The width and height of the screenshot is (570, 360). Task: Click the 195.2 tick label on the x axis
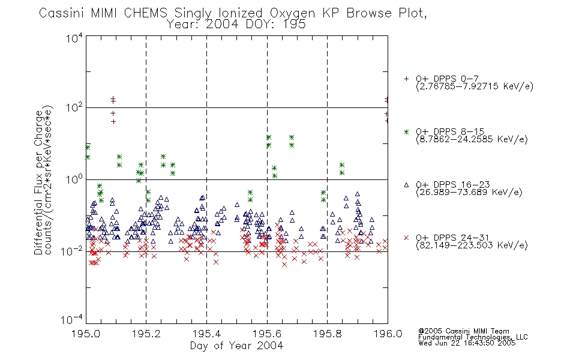tap(146, 334)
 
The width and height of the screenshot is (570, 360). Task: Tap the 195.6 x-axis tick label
tap(267, 334)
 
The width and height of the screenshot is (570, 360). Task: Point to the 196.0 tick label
tap(388, 334)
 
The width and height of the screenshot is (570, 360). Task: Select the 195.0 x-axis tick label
tap(86, 334)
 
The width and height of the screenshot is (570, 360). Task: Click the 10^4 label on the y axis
tap(74, 38)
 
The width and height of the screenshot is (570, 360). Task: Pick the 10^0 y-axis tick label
tap(74, 180)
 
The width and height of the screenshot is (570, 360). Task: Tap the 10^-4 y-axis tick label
tap(72, 319)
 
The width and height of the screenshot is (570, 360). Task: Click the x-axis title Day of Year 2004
tap(236, 346)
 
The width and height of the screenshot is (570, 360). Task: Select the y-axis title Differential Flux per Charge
tap(38, 182)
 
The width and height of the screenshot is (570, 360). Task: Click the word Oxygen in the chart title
tap(292, 13)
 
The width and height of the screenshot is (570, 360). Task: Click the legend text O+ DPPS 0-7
tap(447, 79)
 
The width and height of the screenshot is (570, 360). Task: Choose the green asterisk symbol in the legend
tap(406, 132)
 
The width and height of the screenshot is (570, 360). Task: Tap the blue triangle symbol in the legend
tap(406, 185)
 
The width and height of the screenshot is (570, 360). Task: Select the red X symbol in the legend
tap(406, 238)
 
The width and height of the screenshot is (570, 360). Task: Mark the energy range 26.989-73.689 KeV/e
tap(469, 193)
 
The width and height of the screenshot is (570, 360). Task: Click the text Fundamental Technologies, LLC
tap(473, 337)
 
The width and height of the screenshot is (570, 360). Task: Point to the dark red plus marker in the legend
tap(406, 79)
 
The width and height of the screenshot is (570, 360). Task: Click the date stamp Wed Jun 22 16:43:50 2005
tap(467, 343)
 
